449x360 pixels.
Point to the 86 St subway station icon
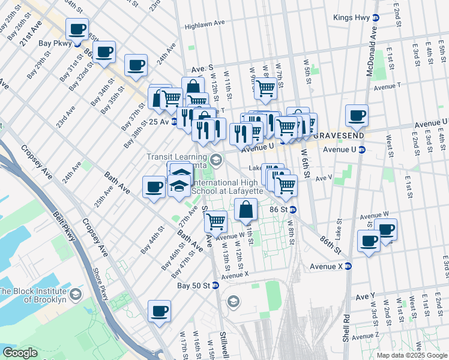(292, 209)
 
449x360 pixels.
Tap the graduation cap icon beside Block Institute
(76, 294)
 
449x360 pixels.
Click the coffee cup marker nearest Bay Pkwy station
(77, 28)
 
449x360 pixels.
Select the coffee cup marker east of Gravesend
(357, 115)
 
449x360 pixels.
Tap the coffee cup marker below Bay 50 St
(160, 311)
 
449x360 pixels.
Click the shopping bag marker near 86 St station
(246, 210)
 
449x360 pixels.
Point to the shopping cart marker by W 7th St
(266, 88)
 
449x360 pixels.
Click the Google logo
(20, 353)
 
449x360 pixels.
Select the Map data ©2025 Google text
(412, 355)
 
